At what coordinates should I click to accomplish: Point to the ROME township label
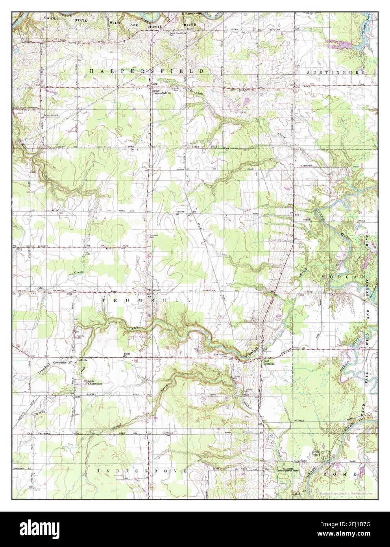tap(340, 475)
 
